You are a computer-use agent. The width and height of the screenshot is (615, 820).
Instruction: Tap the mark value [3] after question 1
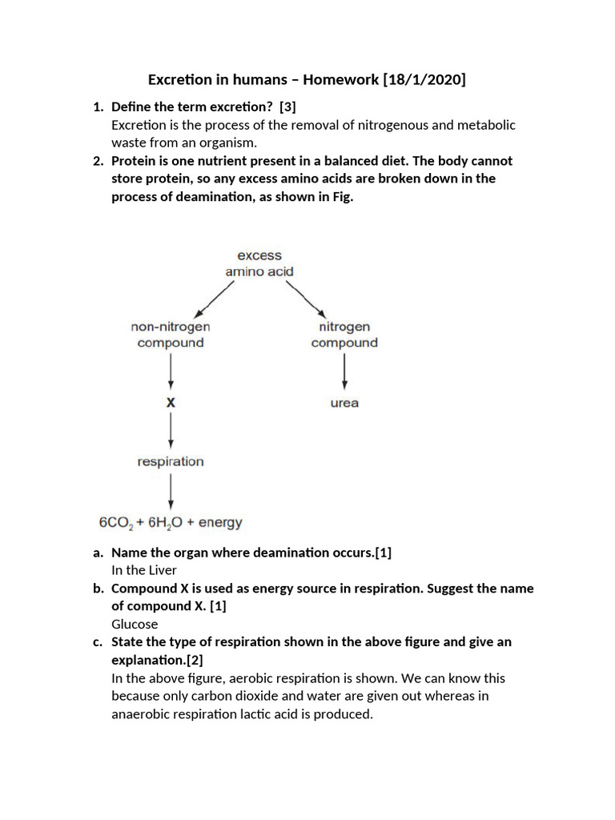(x=287, y=107)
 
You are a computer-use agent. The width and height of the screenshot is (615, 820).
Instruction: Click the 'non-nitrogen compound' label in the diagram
(x=170, y=335)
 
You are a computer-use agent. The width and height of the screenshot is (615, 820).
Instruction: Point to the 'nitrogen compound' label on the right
(x=344, y=335)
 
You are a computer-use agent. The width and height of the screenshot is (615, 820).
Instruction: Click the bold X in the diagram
(x=171, y=403)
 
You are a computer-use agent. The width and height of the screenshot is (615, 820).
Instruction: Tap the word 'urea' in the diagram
(x=344, y=403)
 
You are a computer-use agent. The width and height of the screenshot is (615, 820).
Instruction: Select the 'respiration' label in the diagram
(x=171, y=461)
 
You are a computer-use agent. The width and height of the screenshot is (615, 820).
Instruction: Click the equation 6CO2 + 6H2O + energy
(x=171, y=523)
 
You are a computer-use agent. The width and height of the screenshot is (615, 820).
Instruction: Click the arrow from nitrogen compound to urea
(x=344, y=372)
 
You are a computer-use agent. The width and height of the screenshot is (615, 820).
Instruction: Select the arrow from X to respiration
(x=171, y=432)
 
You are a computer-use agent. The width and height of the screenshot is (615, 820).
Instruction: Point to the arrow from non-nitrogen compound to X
(x=171, y=372)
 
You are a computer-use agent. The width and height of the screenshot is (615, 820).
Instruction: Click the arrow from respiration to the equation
(x=171, y=492)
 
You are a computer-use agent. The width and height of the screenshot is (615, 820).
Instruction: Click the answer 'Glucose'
(x=135, y=624)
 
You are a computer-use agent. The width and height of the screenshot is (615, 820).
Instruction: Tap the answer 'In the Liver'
(x=144, y=570)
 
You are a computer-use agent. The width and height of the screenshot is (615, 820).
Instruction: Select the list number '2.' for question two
(x=98, y=161)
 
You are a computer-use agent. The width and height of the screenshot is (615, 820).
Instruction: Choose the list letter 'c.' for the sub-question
(x=98, y=642)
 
